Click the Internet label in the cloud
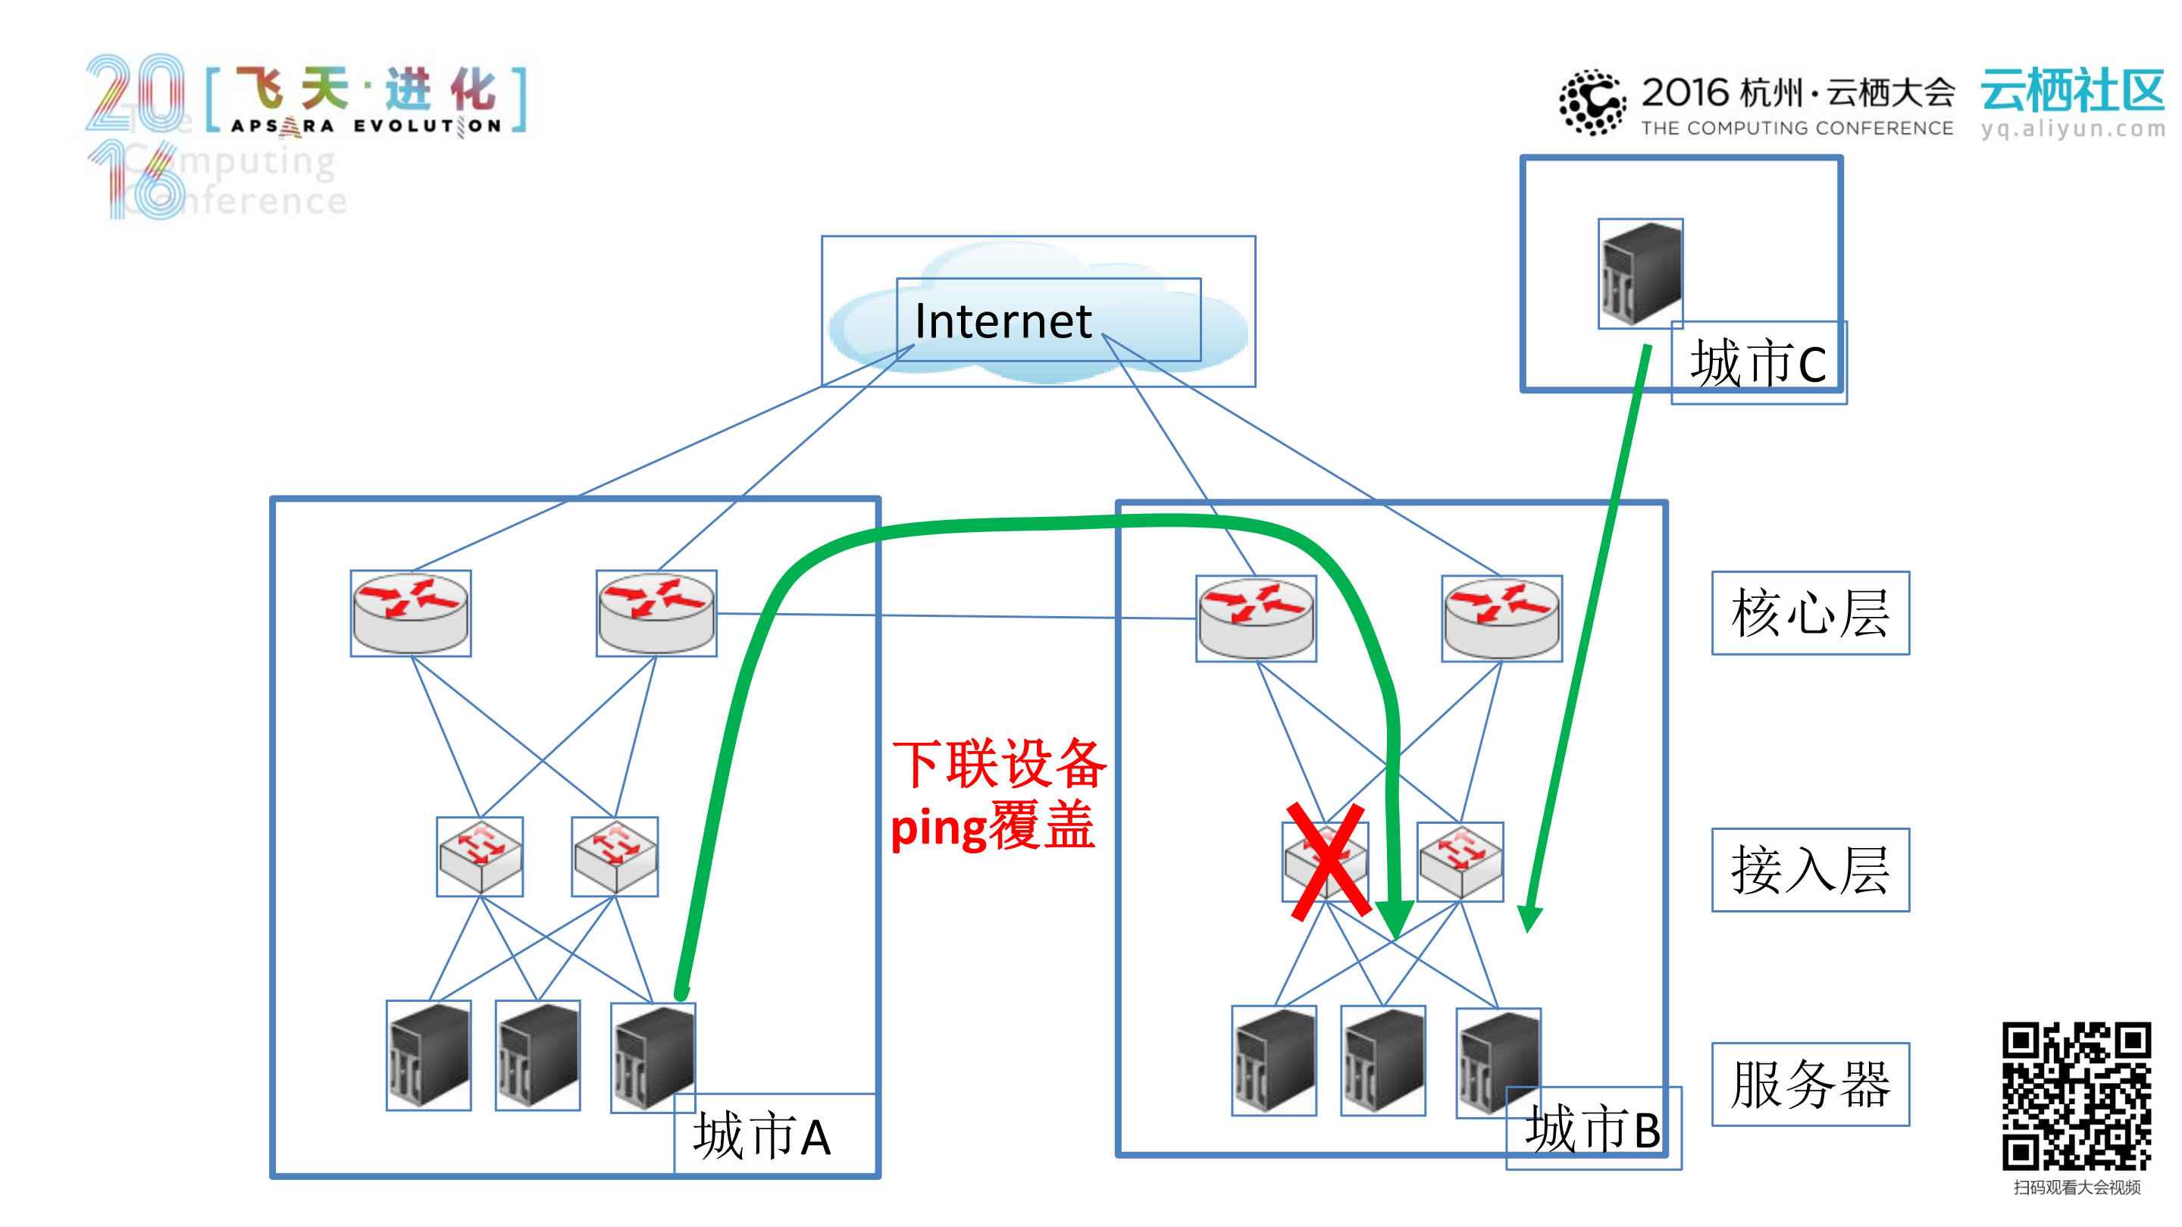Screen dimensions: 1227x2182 pos(1003,322)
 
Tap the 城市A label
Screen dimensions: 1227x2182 pos(762,1136)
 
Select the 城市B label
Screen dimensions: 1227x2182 pos(1592,1128)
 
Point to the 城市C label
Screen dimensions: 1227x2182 pos(1758,363)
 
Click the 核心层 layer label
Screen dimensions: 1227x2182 pos(1810,613)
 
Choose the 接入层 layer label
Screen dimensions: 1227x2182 pos(1810,869)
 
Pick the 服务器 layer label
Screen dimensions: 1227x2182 pos(1810,1085)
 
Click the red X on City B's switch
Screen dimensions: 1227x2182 pos(1327,861)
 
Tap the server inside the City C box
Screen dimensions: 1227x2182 pos(1641,274)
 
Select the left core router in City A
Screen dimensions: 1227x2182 pos(411,613)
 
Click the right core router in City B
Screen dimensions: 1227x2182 pos(1501,618)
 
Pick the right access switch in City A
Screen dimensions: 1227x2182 pos(615,856)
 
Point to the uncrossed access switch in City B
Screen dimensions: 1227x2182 pos(1460,861)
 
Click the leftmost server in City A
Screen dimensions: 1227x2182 pos(429,1055)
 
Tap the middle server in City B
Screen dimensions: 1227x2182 pos(1382,1060)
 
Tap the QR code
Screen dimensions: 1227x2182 pos(2076,1096)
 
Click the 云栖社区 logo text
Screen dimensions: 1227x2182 pos(2072,91)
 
